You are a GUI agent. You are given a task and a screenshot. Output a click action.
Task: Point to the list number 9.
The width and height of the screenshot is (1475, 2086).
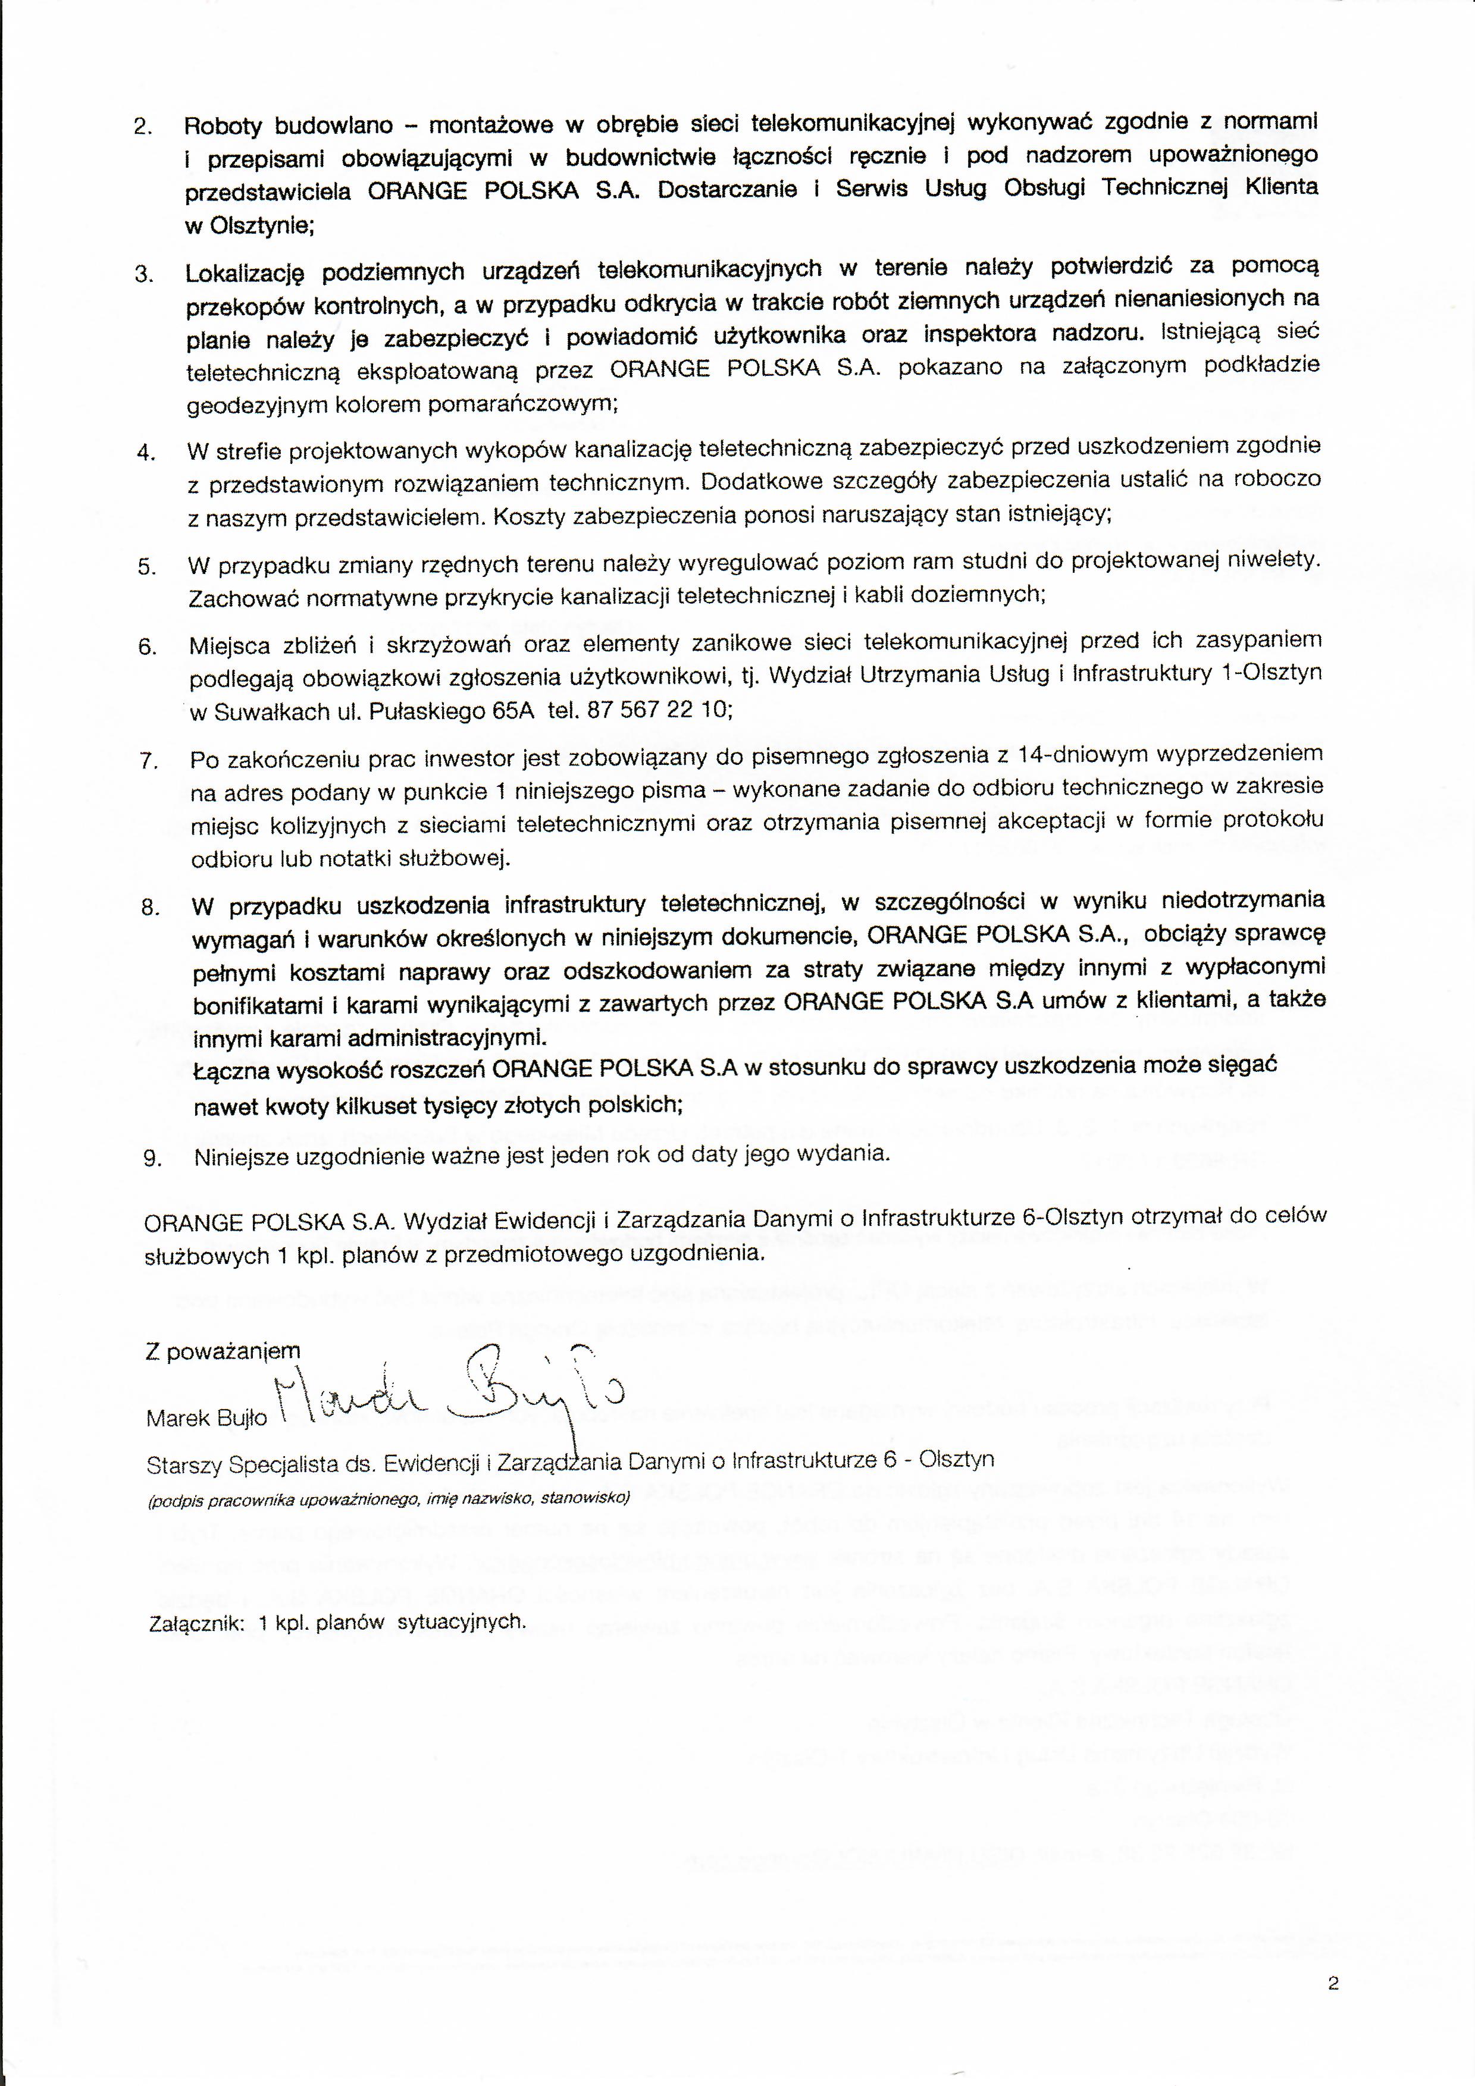(x=152, y=1158)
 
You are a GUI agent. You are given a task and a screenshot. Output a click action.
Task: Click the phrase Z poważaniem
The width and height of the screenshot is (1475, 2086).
(x=222, y=1351)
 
